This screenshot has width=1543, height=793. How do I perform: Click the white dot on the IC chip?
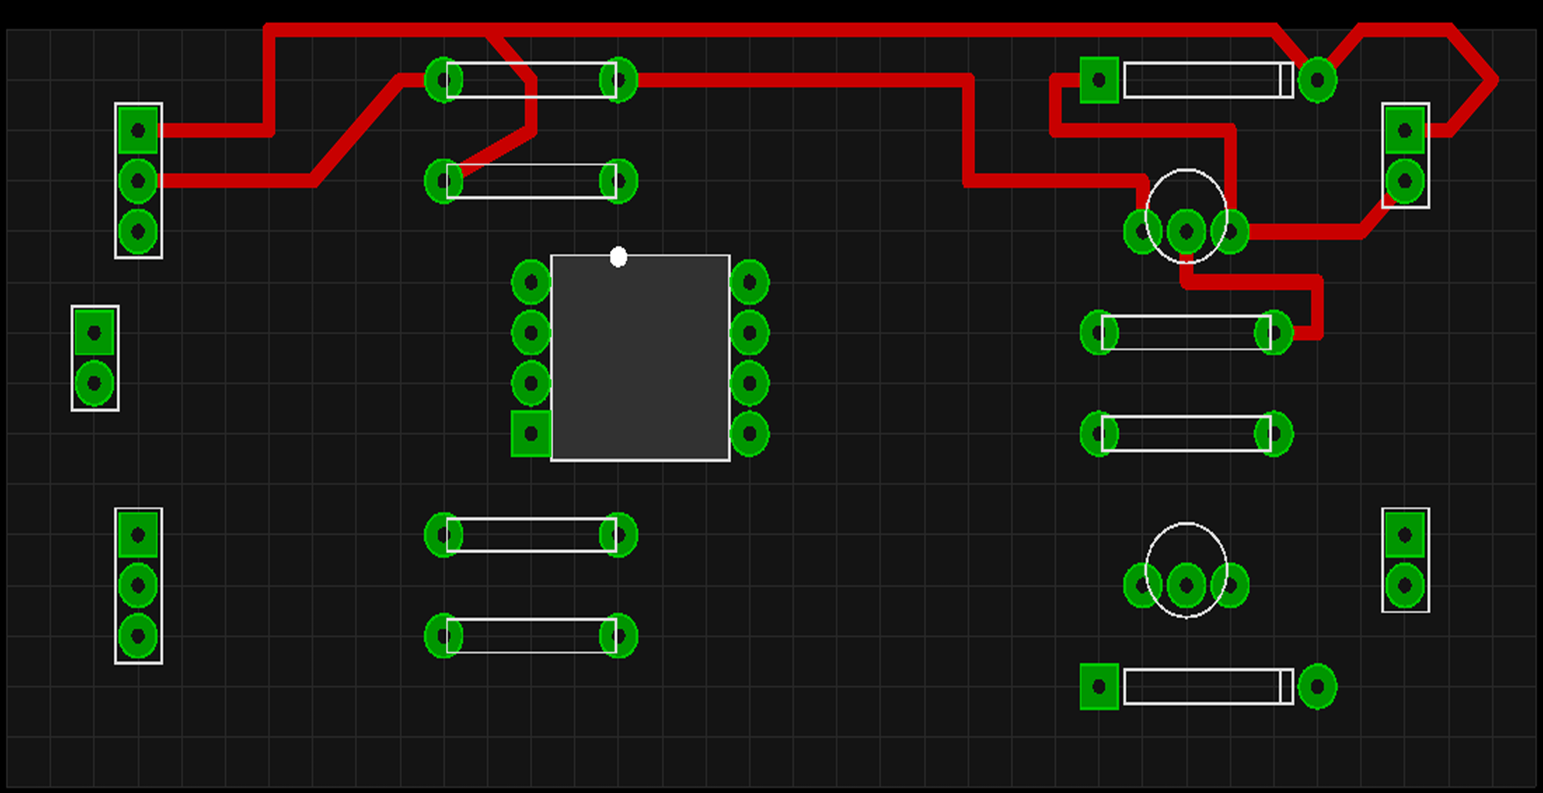(618, 256)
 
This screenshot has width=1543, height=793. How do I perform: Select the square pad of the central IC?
(531, 434)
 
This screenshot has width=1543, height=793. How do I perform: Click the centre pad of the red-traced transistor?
(1186, 232)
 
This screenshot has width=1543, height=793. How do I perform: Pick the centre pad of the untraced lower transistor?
(1186, 586)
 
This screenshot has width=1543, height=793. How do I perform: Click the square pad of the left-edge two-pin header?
(94, 333)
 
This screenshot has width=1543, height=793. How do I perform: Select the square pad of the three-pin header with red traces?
(138, 131)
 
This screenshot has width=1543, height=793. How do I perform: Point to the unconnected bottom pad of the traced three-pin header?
(138, 232)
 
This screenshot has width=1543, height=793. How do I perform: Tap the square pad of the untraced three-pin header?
(138, 534)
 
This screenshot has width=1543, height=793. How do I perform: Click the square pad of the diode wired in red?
(1099, 81)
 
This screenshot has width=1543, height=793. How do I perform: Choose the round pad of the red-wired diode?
(1317, 81)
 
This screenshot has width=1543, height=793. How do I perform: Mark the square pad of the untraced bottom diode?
(1099, 687)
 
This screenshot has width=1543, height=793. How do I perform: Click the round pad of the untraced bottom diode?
(1317, 687)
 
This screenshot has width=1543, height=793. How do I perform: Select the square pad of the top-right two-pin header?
(1404, 131)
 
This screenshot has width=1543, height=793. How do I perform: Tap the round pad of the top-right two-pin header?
(1404, 182)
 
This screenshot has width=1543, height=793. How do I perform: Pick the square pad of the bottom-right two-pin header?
(1404, 534)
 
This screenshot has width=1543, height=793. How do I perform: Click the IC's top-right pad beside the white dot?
(749, 283)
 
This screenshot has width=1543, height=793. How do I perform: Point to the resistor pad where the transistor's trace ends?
(1274, 333)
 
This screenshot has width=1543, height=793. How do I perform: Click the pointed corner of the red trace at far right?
(1495, 80)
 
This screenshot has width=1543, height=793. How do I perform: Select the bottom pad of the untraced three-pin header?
(138, 636)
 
